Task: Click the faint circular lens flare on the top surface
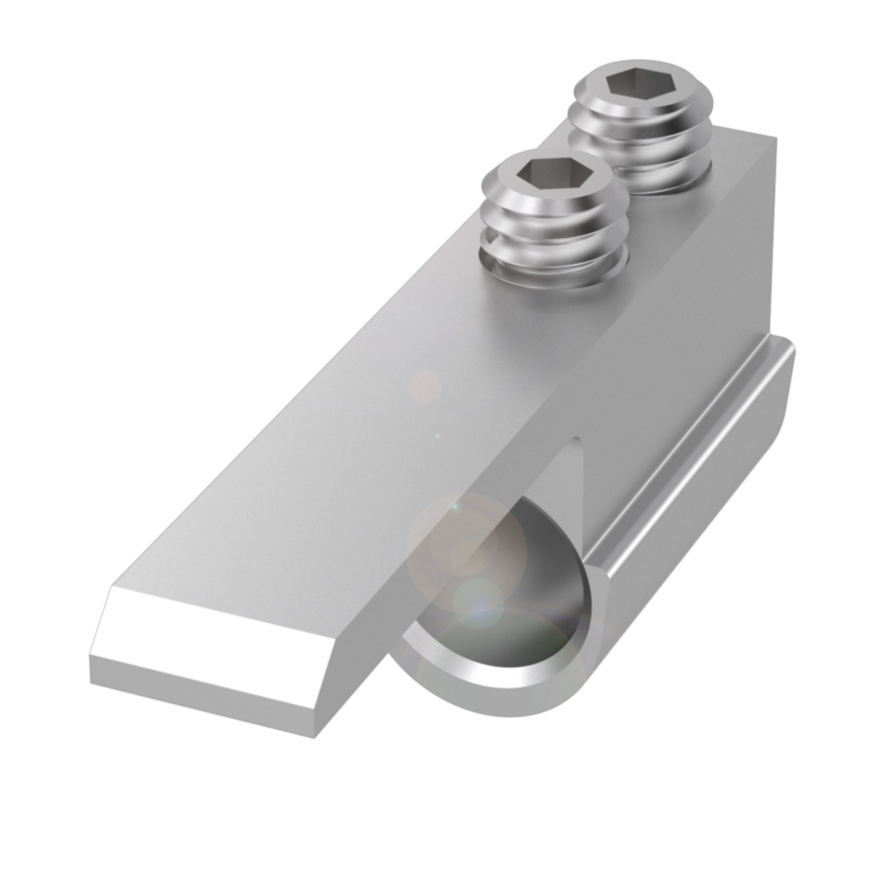pyautogui.click(x=425, y=385)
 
